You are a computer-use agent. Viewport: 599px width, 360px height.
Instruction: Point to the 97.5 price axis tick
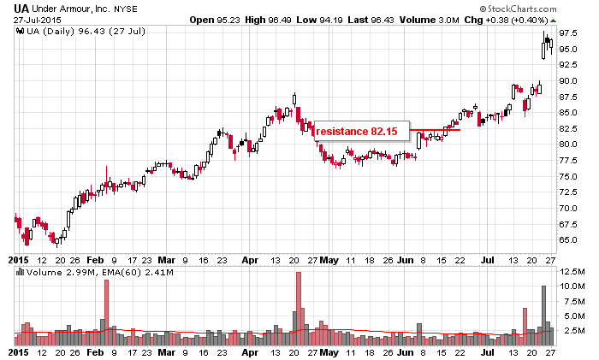[x=568, y=33]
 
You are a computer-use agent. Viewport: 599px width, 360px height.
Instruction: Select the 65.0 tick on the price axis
[x=568, y=240]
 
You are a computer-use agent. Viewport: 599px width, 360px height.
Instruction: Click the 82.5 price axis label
[x=568, y=128]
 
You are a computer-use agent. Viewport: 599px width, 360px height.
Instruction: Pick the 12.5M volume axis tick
[x=571, y=271]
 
